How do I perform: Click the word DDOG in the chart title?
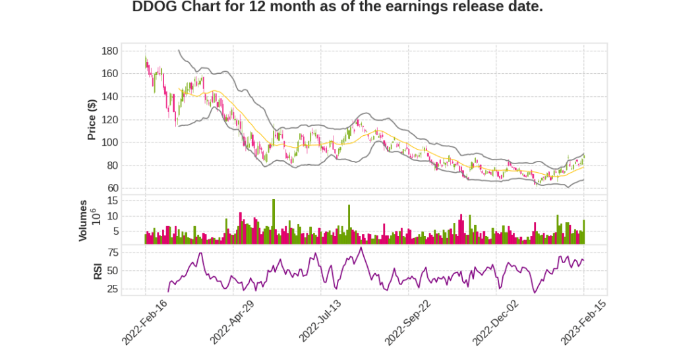pos(153,7)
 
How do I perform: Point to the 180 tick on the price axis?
pos(110,51)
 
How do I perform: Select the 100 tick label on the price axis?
pos(110,142)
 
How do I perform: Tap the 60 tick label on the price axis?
pos(113,189)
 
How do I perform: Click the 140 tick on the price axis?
pos(110,97)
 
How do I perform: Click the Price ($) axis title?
pos(92,120)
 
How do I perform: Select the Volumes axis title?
pos(83,220)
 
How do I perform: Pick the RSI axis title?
pos(98,271)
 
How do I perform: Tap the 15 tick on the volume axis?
pos(113,200)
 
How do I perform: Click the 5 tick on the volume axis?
pos(115,231)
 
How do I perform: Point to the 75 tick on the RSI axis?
pos(113,253)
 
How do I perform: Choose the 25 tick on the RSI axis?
pos(113,289)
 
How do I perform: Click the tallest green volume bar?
pos(274,222)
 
